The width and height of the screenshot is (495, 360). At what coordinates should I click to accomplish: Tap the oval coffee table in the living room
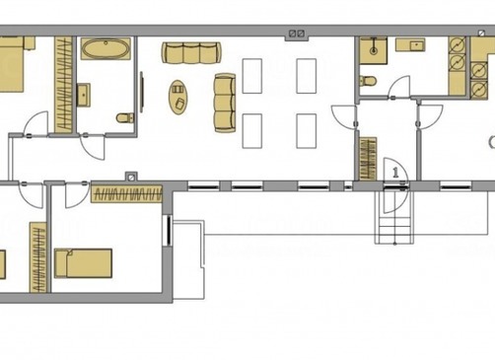tap(178, 98)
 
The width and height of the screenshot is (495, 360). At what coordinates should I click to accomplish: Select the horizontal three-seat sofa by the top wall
tap(191, 52)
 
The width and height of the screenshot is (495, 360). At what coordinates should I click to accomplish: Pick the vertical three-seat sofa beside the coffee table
tap(225, 104)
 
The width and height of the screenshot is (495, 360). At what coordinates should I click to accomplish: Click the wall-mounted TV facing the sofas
tap(142, 92)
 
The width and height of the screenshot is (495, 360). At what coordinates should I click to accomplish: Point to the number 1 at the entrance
tap(395, 173)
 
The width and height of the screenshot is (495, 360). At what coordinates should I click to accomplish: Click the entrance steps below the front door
tap(394, 227)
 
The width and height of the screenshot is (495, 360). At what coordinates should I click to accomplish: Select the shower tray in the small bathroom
tap(373, 50)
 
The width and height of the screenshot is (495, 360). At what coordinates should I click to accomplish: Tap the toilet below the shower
tap(367, 81)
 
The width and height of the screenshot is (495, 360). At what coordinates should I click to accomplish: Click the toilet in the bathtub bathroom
tap(125, 117)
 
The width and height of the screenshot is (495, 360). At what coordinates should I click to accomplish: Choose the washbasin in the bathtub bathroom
tap(84, 95)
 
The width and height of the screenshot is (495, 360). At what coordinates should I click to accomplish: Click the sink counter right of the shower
tap(410, 44)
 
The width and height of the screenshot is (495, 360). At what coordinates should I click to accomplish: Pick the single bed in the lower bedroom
tap(84, 263)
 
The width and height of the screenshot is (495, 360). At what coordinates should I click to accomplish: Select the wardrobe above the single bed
tap(126, 194)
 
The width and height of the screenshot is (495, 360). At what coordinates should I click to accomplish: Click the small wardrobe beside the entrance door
tap(368, 159)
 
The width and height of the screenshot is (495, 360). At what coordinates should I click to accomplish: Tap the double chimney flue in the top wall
tap(297, 34)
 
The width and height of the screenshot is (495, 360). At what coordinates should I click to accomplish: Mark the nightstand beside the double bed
tap(30, 43)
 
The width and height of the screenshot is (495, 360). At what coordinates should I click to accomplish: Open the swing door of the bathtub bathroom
tap(92, 147)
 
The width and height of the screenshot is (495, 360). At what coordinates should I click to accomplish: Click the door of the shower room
tap(399, 87)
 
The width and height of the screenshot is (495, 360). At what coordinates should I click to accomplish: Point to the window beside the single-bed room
tap(169, 230)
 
